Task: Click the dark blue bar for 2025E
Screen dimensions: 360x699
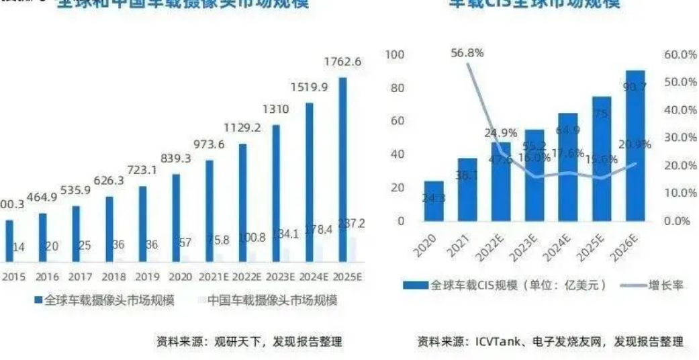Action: tap(342, 168)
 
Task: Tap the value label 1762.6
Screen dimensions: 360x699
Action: tap(342, 62)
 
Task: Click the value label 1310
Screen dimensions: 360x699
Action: tap(276, 109)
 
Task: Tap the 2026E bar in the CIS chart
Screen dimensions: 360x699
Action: tap(635, 145)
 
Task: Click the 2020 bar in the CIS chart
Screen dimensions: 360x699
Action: tap(434, 200)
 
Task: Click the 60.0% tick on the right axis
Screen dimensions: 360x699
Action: tap(680, 54)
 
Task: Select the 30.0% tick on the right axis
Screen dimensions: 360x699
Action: tap(680, 138)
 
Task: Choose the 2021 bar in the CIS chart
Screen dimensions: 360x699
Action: tap(467, 189)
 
